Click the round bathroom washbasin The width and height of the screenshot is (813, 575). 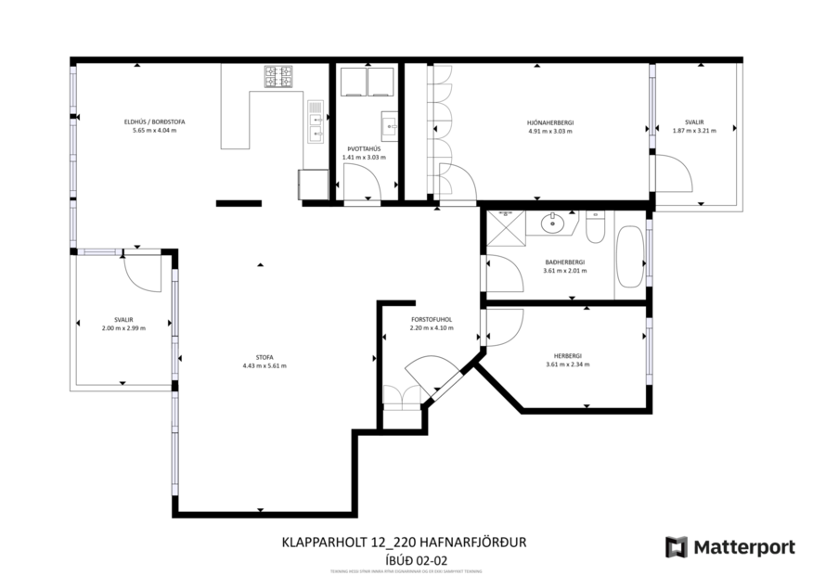pos(555,222)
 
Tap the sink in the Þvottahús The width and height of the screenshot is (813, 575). pos(390,125)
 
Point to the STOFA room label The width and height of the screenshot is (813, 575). pos(264,357)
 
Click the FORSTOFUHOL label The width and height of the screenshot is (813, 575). pos(431,320)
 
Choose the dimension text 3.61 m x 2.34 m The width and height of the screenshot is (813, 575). pos(568,364)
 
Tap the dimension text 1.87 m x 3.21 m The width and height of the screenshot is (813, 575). pos(694,131)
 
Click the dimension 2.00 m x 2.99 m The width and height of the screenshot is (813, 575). pos(123,328)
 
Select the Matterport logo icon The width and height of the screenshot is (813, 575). pos(676,547)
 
